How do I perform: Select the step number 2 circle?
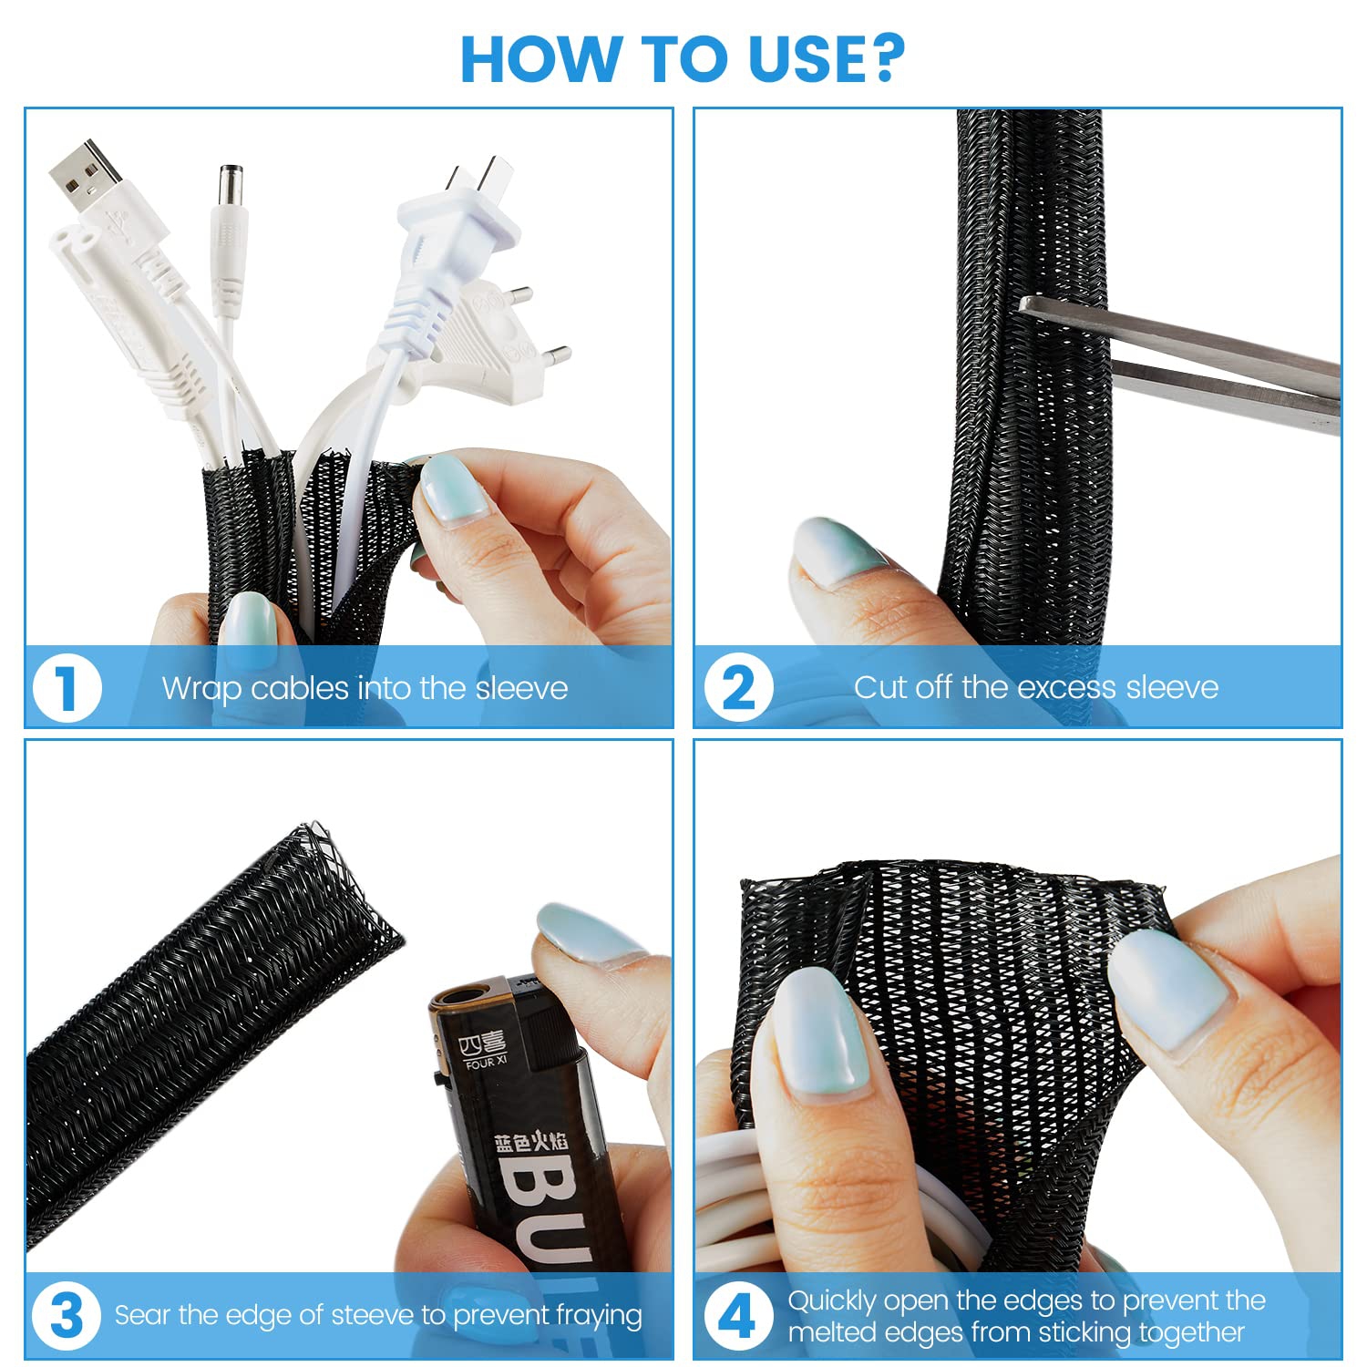(737, 688)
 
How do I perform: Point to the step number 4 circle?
(736, 1316)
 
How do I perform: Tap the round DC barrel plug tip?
(230, 186)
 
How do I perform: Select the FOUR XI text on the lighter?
(485, 1063)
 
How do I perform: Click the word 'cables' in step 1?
(300, 688)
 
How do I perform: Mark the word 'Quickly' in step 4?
(831, 1300)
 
